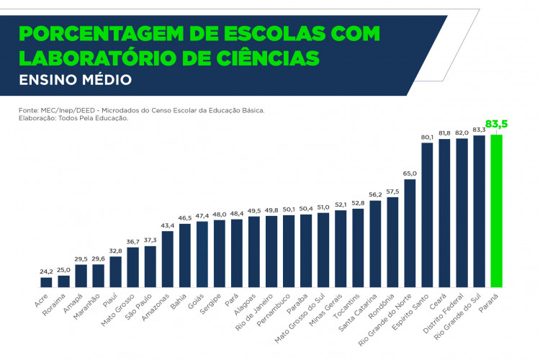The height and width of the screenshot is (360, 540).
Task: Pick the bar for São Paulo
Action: (150, 267)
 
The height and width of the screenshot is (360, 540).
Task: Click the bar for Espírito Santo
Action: (427, 215)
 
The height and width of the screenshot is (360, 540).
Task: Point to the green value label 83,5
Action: (496, 125)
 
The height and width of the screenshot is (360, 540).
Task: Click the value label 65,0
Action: (410, 174)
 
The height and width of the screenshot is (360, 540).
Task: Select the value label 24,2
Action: (46, 271)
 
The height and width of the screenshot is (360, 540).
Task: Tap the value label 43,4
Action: (167, 226)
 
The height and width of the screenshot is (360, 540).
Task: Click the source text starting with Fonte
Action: (142, 110)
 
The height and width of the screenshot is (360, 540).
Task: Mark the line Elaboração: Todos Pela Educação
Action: (73, 118)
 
